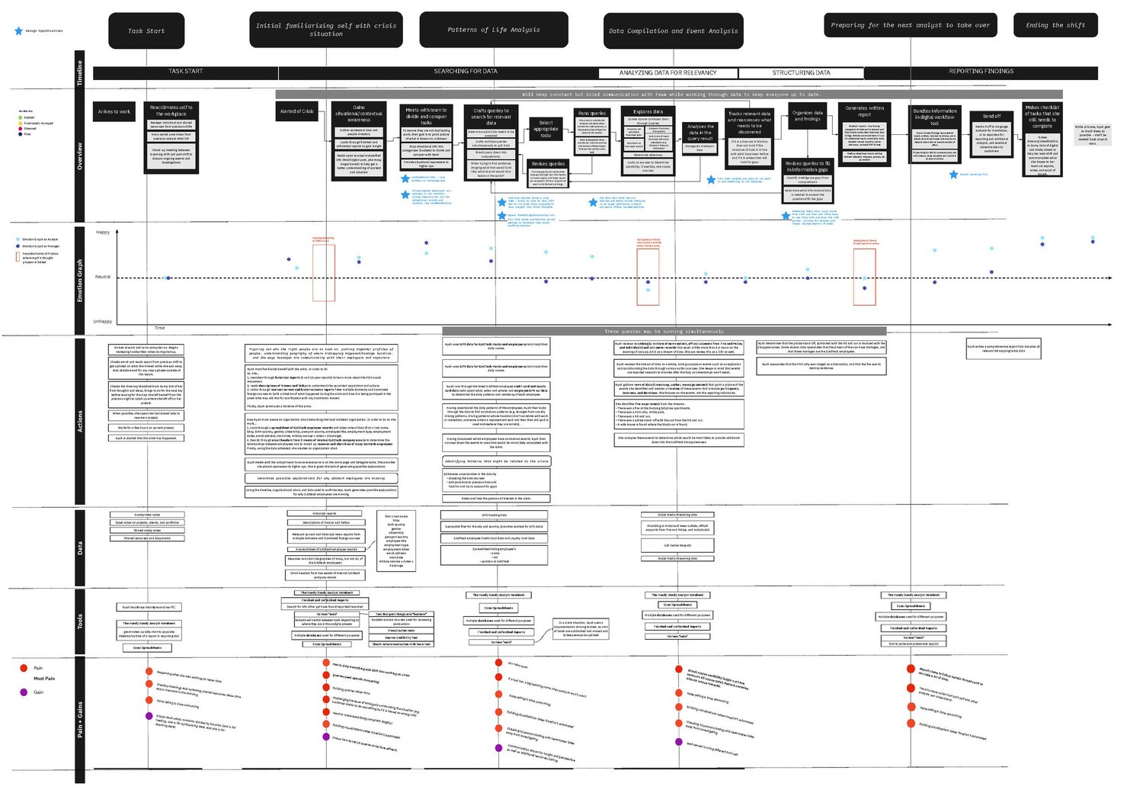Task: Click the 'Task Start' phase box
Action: (x=146, y=31)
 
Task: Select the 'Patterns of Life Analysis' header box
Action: (x=493, y=30)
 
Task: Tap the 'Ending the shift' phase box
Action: (x=1055, y=25)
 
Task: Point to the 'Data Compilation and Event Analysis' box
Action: (x=673, y=31)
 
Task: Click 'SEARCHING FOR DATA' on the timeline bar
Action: (x=465, y=72)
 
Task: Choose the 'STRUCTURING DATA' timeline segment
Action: (x=801, y=73)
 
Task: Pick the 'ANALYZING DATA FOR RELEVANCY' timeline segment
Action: (x=668, y=73)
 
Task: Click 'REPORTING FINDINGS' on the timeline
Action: (x=981, y=72)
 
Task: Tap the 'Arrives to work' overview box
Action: (x=114, y=111)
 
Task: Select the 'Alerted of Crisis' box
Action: (x=296, y=111)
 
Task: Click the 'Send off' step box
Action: (x=991, y=117)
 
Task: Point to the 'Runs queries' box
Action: (x=592, y=114)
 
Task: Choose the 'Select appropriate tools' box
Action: (x=546, y=129)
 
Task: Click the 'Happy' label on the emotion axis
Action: (x=103, y=232)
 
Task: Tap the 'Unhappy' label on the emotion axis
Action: (x=102, y=321)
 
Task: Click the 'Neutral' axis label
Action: (x=102, y=277)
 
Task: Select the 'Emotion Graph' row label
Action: (x=80, y=280)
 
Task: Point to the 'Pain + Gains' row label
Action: (x=80, y=720)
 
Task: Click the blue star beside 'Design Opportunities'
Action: (x=18, y=31)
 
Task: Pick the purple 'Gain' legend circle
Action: (x=24, y=692)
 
